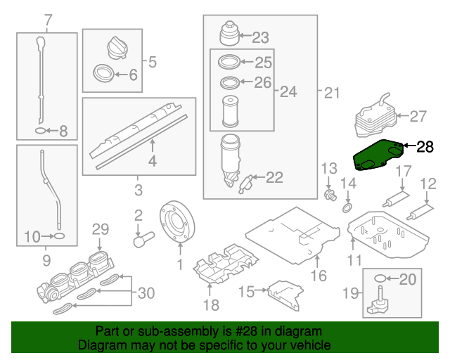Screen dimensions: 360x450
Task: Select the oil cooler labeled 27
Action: tap(374, 117)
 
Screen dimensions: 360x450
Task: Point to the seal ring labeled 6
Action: tap(103, 72)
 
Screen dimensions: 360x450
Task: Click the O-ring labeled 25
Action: tap(229, 61)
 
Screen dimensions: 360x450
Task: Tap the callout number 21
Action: tap(331, 92)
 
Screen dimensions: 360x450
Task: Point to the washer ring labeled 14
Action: tap(347, 208)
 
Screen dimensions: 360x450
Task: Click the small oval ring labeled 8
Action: tap(41, 131)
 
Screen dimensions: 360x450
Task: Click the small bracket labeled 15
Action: tap(284, 291)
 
